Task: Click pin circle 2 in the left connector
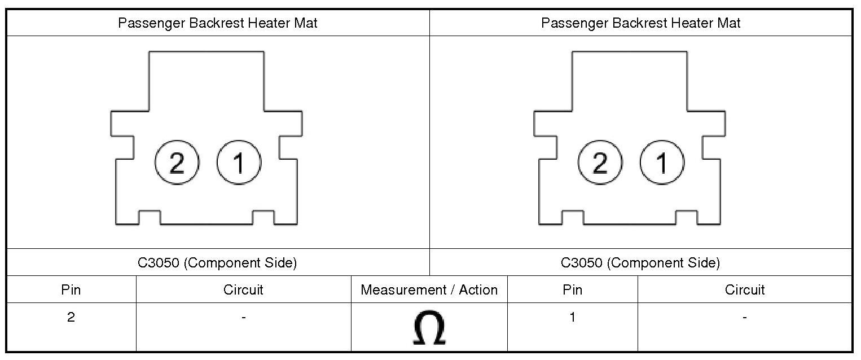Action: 177,163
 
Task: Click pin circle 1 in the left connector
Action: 239,163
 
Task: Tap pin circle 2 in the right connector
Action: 600,163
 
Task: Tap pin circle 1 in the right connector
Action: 662,163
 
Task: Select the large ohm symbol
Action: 429,328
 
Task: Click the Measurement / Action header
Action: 429,290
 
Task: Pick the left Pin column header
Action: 71,290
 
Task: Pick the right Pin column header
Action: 572,290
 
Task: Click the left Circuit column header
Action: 243,290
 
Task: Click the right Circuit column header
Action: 745,290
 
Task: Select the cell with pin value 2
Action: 71,317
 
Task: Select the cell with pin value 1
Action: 572,317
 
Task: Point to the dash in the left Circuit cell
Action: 243,318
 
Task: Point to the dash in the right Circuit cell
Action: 745,318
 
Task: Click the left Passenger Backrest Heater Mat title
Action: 218,23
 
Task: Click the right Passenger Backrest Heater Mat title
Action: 641,23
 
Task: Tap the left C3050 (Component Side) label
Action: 218,263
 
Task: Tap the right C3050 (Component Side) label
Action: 640,263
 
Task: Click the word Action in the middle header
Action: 478,290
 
